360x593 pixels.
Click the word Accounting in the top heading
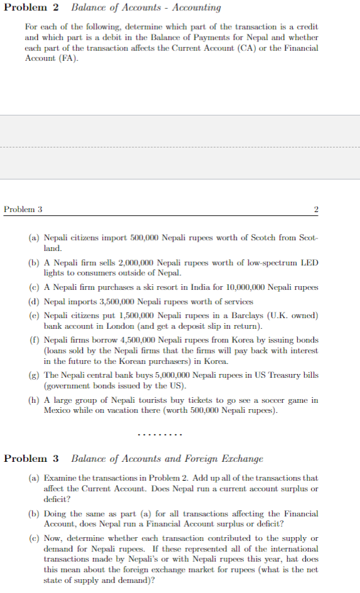point(196,8)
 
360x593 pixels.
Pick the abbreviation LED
point(309,263)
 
